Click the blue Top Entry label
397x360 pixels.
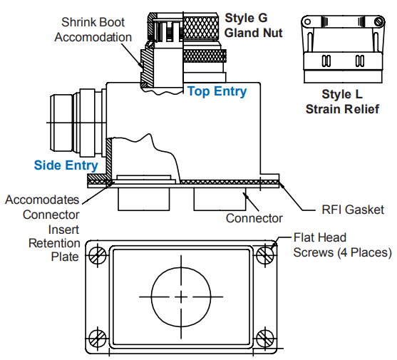[217, 91]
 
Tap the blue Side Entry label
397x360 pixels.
[66, 165]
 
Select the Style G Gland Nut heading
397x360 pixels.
[254, 26]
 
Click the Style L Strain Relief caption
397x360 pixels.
[342, 102]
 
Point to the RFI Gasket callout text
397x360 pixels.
[353, 210]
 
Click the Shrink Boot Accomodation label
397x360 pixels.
[93, 30]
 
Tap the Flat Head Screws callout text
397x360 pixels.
[343, 245]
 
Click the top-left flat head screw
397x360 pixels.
[98, 254]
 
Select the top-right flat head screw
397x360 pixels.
[265, 254]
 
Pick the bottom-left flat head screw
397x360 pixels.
[98, 338]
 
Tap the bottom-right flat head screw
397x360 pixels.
[265, 338]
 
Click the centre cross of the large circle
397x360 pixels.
[181, 297]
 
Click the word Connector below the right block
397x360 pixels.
[254, 218]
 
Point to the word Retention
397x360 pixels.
[54, 243]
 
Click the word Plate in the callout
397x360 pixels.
[65, 257]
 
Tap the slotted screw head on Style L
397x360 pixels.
[378, 21]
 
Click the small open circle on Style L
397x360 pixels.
[307, 21]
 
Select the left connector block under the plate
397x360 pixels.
[143, 199]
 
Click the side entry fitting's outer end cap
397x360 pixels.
[61, 123]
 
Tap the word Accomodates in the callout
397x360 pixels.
[42, 200]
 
